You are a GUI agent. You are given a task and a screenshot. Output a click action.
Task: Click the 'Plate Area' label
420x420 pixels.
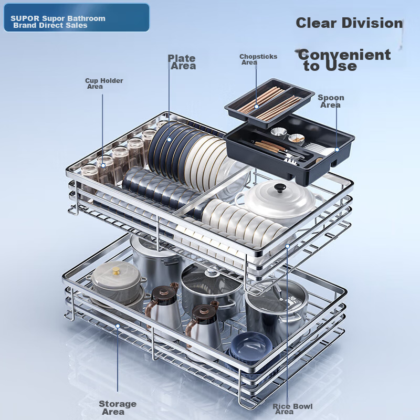point(182,62)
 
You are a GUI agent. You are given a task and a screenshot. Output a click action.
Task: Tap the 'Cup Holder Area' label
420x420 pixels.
point(104,83)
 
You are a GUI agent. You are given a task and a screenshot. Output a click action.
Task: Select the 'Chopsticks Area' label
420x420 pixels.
point(258,59)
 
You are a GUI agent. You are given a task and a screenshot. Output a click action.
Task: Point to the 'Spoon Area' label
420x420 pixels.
point(331,101)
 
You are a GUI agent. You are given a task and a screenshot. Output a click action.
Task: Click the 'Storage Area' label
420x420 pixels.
point(118,407)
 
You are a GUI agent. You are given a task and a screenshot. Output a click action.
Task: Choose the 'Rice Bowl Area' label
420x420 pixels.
point(292,409)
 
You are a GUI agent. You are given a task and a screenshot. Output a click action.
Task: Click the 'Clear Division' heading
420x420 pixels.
point(349,23)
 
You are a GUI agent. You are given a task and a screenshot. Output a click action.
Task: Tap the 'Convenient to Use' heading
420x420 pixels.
point(344,60)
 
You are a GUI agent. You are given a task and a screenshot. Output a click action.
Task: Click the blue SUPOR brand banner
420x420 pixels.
point(77,18)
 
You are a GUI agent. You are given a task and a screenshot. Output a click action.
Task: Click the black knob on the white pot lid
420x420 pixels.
point(280,187)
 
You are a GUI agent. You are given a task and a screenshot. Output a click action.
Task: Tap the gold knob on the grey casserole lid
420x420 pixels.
point(116,271)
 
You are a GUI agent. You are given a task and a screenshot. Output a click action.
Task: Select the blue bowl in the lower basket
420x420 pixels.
point(251,346)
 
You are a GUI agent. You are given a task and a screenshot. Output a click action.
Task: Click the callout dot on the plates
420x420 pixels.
point(169,140)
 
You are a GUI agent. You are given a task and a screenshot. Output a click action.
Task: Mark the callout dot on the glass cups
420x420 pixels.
point(103,166)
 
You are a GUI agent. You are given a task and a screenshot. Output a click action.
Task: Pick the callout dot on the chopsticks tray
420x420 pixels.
point(257,107)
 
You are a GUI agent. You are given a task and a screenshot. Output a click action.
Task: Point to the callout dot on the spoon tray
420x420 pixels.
point(337,150)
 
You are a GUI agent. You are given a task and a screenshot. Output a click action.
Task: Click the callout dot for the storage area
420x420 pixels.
point(118,326)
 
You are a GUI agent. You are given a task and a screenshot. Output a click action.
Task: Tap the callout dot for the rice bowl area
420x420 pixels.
point(287,246)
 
